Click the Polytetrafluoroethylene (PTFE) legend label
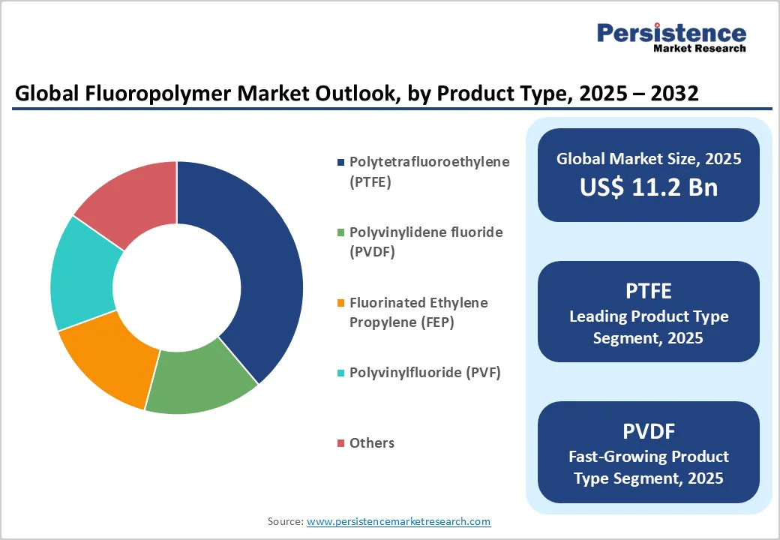point(429,171)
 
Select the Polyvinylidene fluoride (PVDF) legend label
point(426,241)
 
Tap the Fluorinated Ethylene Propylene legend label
point(418,312)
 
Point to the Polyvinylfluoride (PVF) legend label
point(424,373)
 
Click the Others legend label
point(372,443)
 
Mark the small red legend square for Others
point(341,443)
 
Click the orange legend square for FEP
point(341,303)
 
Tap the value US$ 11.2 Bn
point(648,187)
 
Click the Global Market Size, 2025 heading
point(648,158)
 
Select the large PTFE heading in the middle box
point(648,290)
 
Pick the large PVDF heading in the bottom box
point(648,430)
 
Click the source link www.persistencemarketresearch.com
point(398,521)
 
